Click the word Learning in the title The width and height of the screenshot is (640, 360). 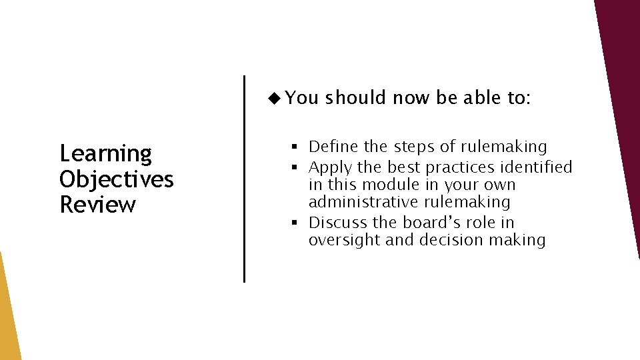[x=106, y=155]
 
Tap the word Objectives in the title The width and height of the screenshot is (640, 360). [x=117, y=179]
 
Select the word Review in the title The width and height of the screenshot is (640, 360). [x=97, y=205]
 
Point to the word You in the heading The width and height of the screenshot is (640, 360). [x=302, y=98]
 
